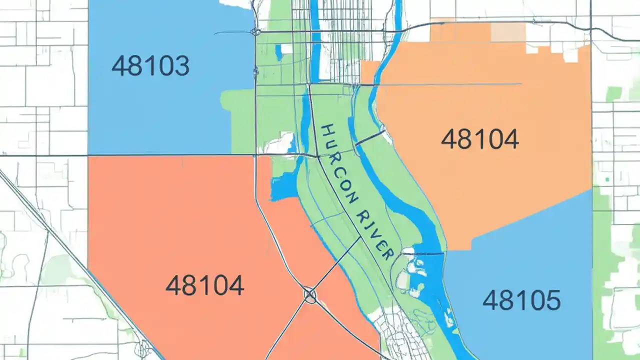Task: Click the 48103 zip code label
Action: pos(150,66)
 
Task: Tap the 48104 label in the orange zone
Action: pos(479,139)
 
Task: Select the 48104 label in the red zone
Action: pos(204,285)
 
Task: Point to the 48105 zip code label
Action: pos(521,300)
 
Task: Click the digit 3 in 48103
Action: pos(180,66)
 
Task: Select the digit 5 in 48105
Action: pos(552,300)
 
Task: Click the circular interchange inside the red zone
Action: pos(310,295)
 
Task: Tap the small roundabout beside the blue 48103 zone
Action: pos(256,32)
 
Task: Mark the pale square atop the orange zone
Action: pos(508,32)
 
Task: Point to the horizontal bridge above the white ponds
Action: pos(422,254)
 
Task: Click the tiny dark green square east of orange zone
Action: pos(607,179)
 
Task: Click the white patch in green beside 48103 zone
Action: pos(280,143)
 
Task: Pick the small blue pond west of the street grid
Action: pos(278,51)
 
